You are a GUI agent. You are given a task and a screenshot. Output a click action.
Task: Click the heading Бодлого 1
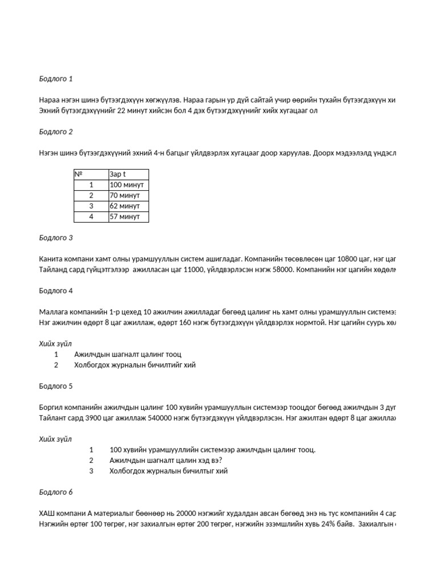[56, 79]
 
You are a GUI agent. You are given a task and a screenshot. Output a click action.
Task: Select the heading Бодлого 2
[56, 132]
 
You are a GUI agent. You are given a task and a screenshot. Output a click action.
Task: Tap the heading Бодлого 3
[56, 237]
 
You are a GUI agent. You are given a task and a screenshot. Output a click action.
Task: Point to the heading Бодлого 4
[56, 290]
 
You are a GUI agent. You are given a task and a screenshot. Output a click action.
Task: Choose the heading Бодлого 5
[56, 386]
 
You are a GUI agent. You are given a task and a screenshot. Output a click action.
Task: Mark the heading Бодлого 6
[56, 492]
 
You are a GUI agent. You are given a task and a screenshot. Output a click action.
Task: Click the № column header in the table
[79, 174]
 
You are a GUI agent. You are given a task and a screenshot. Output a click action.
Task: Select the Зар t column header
[118, 174]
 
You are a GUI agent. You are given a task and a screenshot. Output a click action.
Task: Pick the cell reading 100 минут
[127, 185]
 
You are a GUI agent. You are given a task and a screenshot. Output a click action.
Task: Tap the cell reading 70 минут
[125, 195]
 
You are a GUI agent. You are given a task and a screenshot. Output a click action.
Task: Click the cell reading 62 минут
[125, 206]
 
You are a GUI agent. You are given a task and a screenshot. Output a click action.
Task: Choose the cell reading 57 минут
[125, 217]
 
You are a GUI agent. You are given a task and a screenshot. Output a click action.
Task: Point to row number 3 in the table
[91, 206]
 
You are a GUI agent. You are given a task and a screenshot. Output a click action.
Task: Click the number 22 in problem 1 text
[121, 110]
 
